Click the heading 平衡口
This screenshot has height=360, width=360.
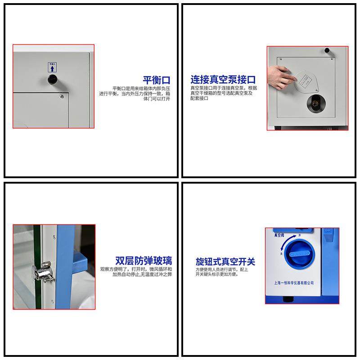click(156, 81)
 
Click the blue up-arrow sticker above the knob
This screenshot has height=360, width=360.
click(52, 67)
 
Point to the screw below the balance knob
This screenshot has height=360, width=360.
click(62, 95)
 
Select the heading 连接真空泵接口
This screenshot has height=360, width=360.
click(223, 80)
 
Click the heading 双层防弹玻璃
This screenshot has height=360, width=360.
click(143, 261)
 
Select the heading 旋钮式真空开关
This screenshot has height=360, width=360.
click(225, 261)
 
